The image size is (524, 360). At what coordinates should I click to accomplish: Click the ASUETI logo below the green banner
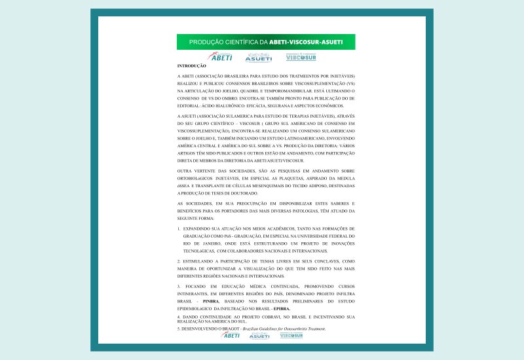pos(259,58)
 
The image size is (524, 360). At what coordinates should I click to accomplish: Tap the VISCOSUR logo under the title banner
pos(301,57)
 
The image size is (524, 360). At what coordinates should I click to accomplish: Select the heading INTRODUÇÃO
pos(191,66)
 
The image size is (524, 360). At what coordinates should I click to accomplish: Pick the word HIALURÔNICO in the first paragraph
pos(238,105)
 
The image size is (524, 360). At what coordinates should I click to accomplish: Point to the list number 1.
pos(179,229)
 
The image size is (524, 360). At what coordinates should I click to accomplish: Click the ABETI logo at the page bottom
pos(231,335)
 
